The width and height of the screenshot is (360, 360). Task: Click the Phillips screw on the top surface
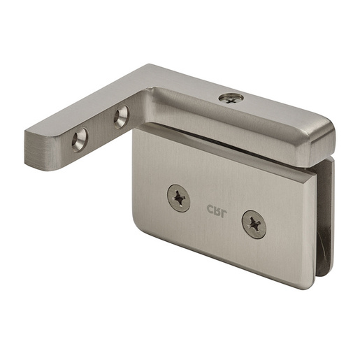[231, 99]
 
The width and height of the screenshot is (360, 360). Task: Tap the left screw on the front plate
[179, 198]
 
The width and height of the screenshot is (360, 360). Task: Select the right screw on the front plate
[254, 224]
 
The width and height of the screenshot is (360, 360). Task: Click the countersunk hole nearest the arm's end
[80, 140]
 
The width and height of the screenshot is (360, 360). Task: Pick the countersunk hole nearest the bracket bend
[121, 117]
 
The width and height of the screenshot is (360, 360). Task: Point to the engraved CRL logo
[216, 211]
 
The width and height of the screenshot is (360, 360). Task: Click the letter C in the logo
[210, 209]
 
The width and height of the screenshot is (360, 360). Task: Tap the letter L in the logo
[223, 214]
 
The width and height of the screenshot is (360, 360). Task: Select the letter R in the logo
[217, 211]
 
